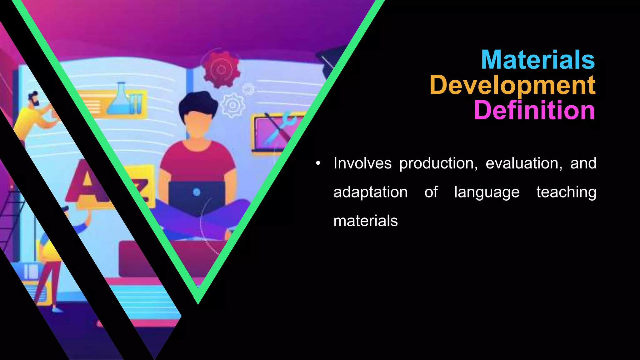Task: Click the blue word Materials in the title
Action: [537, 60]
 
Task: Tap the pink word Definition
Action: [534, 110]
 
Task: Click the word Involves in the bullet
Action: [362, 163]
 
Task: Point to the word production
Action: [438, 164]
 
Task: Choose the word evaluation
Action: [524, 163]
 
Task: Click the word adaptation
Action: [370, 192]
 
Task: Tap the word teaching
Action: [566, 192]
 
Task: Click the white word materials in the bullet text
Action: [365, 221]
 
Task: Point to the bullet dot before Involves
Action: [318, 163]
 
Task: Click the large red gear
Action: [221, 68]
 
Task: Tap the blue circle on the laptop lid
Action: [197, 192]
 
